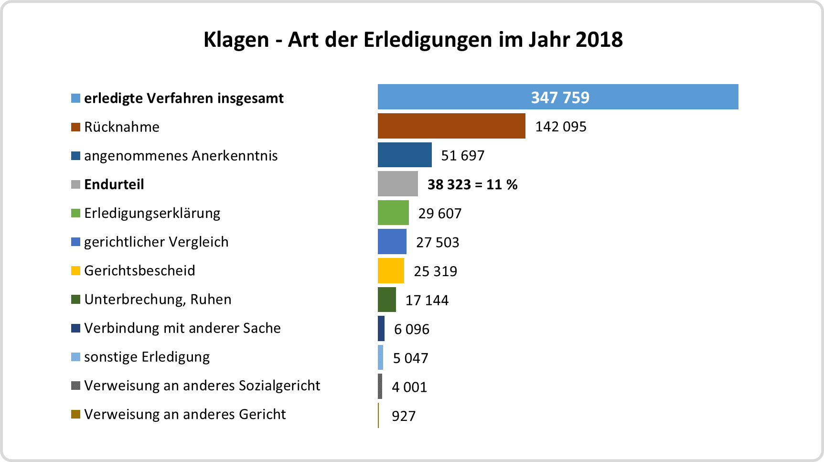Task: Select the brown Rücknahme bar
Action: [x=451, y=126]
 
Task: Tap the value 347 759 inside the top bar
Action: [x=560, y=97]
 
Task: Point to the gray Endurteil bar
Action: [x=397, y=184]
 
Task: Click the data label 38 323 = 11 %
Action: [x=472, y=184]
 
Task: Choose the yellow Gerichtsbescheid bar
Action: [x=391, y=271]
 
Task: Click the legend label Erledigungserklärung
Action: [x=152, y=213]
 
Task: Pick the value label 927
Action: [x=404, y=416]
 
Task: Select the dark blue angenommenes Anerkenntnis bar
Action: [x=405, y=155]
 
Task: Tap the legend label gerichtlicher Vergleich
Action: [x=156, y=242]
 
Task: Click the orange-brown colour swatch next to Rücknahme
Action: [x=75, y=127]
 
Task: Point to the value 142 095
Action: [x=560, y=127]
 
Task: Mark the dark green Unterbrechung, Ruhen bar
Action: [x=387, y=300]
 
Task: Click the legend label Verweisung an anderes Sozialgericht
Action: [x=202, y=386]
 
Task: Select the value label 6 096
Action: [x=411, y=329]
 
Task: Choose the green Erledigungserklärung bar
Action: [x=393, y=213]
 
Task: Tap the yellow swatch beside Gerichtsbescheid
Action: [x=75, y=271]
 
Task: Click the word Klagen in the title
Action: [x=236, y=40]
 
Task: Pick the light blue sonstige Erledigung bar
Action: [x=381, y=357]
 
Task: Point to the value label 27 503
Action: [x=437, y=242]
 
